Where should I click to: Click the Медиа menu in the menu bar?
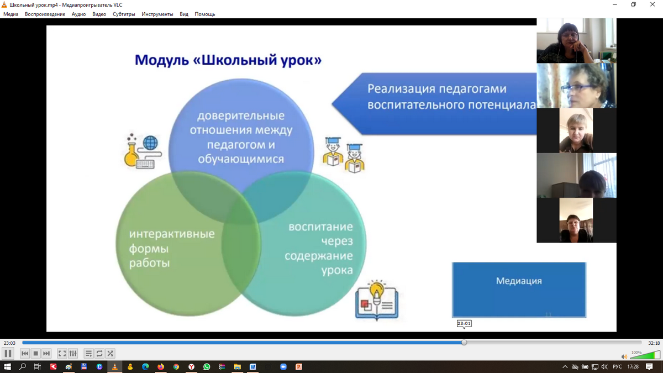click(x=10, y=14)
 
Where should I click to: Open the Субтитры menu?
click(x=124, y=14)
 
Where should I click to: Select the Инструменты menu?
click(x=157, y=14)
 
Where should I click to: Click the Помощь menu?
click(x=205, y=14)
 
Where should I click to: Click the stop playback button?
click(x=35, y=354)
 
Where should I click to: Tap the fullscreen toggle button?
click(x=62, y=354)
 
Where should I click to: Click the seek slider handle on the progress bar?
click(x=464, y=343)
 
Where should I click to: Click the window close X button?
click(x=653, y=4)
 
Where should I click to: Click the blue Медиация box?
click(x=519, y=290)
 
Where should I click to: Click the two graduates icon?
click(x=344, y=155)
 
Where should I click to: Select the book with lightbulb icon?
click(x=377, y=300)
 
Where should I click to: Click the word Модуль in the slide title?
click(x=161, y=60)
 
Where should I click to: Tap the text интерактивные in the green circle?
click(x=172, y=234)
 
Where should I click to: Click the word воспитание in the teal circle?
click(x=320, y=227)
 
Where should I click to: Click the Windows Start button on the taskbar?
click(x=7, y=367)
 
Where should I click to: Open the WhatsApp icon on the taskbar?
click(x=207, y=367)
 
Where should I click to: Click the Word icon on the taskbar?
click(x=252, y=367)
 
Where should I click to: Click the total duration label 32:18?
click(x=654, y=343)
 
